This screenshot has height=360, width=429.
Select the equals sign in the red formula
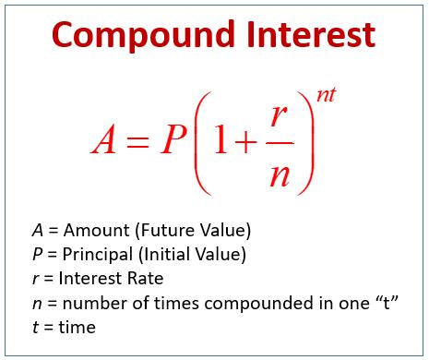[x=138, y=139]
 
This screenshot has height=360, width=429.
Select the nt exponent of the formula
[x=324, y=94]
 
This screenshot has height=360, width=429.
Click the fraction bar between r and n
[x=281, y=143]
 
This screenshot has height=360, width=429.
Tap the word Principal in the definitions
[x=98, y=254]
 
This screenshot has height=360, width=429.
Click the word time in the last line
[x=77, y=326]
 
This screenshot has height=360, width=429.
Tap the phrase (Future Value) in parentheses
[x=193, y=230]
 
